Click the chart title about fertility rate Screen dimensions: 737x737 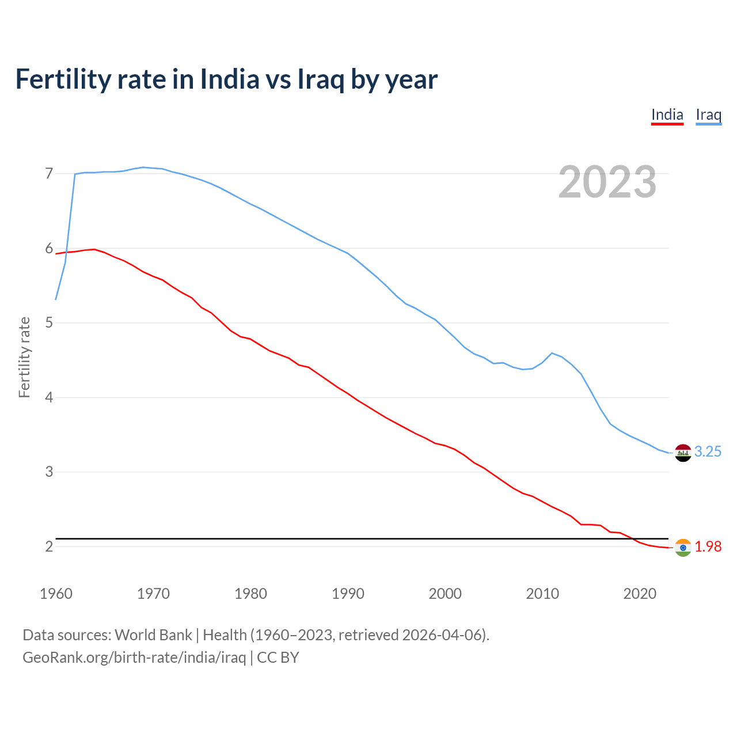226,79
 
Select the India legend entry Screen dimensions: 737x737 667,115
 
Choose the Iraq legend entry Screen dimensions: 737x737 708,115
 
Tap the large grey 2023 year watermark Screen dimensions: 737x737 607,182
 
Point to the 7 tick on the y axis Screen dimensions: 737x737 49,173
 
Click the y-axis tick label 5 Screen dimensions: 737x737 49,322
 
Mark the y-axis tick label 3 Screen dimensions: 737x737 49,472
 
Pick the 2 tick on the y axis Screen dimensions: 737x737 49,546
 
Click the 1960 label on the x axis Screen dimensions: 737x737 56,594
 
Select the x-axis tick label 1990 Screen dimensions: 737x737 348,594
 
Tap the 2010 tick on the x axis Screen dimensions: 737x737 542,594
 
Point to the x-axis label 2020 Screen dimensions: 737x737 640,594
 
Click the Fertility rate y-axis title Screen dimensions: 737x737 24,357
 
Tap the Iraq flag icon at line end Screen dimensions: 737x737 683,453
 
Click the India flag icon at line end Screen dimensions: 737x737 683,548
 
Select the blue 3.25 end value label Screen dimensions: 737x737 708,452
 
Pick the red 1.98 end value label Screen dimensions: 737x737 708,547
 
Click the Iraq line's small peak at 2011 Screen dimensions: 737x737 552,353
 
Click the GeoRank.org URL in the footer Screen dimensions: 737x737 134,658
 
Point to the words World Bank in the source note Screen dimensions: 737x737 153,635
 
